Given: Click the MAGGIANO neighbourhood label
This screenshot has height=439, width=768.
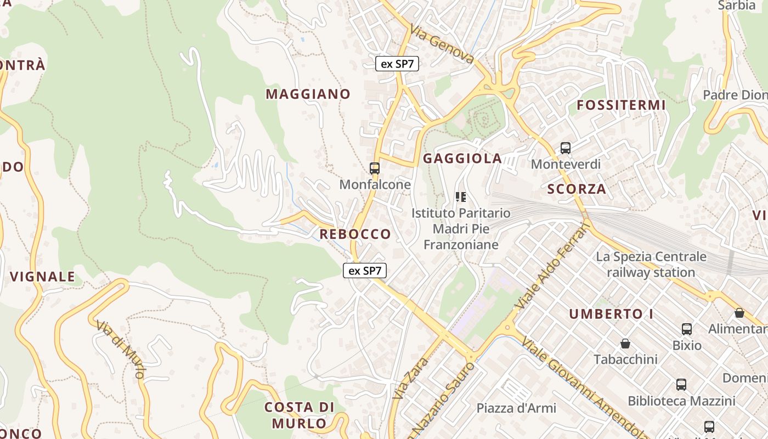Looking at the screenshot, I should coord(308,94).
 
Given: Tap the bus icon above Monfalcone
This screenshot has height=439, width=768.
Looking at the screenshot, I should coord(375,168).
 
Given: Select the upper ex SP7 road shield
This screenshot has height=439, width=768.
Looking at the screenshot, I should coord(397,64).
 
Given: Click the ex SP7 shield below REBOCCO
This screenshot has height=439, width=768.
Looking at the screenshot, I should coord(365,271).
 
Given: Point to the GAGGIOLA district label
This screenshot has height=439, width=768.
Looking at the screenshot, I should coord(462,159).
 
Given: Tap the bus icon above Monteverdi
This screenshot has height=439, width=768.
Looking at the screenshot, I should coord(566,148).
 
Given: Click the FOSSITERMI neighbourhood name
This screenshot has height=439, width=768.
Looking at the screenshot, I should coord(621,105).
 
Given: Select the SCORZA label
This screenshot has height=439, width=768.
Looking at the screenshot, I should coord(577,189).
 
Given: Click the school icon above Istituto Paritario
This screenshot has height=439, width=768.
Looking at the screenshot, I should coord(461,196).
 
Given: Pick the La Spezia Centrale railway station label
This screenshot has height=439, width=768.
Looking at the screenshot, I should coord(651,264).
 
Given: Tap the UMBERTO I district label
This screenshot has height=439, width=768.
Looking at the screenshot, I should coord(607,314).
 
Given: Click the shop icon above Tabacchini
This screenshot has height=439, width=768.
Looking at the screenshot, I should coord(625,344).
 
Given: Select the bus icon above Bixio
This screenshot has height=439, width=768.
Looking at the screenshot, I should coord(687,329).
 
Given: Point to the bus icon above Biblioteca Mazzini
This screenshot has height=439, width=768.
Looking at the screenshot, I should coord(681,385).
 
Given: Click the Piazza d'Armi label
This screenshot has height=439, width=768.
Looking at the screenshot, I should coord(516,408).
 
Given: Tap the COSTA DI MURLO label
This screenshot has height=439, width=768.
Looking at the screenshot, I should coord(300,415).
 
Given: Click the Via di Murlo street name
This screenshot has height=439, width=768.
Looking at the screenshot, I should coord(120,349).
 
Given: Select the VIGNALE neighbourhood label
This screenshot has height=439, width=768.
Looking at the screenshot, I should coord(42,277).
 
